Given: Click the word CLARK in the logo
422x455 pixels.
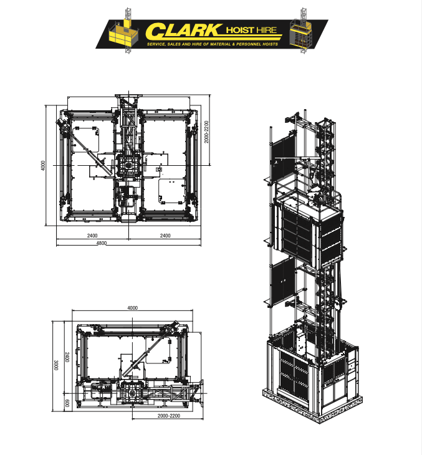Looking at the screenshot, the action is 183,31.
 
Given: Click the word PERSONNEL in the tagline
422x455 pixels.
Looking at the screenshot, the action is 257,44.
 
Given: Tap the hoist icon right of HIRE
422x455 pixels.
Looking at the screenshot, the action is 302,31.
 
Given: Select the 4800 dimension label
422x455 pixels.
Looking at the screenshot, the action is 101,243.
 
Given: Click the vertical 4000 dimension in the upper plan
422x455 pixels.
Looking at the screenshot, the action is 43,165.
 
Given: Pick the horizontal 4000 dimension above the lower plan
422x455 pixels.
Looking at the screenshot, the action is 133,308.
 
